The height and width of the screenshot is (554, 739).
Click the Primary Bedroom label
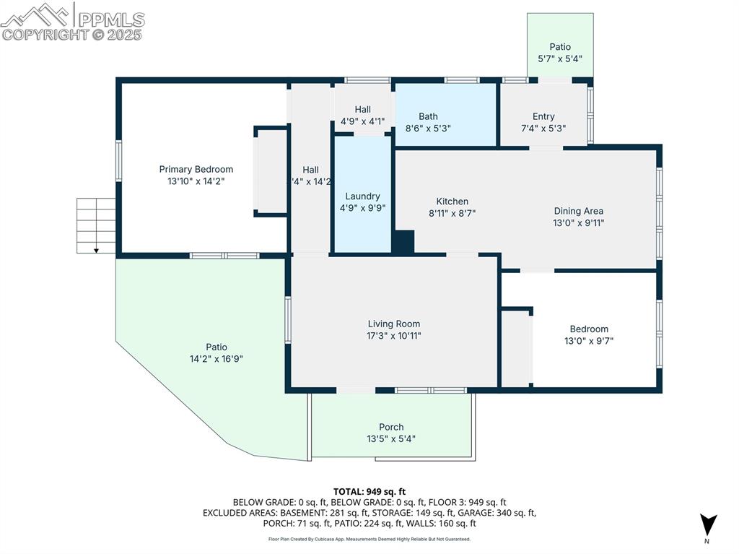196,169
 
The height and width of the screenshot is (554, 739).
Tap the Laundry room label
362,196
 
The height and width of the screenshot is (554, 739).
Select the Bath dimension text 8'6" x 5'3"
428,129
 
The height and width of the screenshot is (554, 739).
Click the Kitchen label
452,202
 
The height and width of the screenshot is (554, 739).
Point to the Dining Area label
578,211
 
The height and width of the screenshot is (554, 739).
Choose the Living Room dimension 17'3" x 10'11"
393,336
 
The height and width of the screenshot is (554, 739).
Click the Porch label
391,427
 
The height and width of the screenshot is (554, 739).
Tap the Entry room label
543,116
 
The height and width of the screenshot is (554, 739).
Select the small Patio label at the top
560,47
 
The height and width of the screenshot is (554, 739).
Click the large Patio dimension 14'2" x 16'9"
216,359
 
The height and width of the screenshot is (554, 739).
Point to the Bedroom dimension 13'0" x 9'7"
589,341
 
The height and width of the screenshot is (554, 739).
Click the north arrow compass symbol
708,524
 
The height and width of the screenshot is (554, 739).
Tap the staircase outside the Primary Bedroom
96,225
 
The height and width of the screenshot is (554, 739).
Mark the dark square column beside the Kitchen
404,242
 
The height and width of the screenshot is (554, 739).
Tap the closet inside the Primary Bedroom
272,171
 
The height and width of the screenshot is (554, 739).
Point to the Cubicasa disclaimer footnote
369,539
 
